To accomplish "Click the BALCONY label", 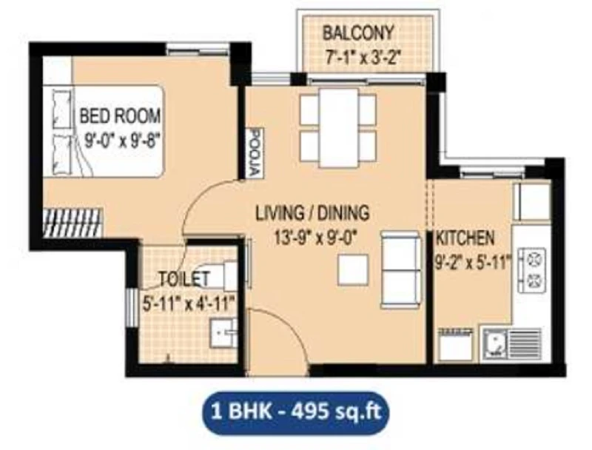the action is (x=358, y=33).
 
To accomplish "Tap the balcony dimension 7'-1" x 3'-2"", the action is (x=362, y=58).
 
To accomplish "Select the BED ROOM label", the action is (x=120, y=115).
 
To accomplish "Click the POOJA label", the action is (x=256, y=153).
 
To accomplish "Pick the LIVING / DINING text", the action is (x=312, y=212).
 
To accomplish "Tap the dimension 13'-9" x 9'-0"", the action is (x=316, y=238).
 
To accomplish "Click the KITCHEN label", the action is (x=465, y=238).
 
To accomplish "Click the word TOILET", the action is (x=184, y=279).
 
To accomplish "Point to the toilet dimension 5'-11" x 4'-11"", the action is (x=189, y=303).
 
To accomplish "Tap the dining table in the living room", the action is (x=338, y=127).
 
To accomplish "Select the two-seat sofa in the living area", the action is (x=400, y=269).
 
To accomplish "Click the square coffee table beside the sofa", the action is (x=353, y=269).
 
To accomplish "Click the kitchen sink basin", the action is (x=495, y=343).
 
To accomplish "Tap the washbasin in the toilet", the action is (x=224, y=332).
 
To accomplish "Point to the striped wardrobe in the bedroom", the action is (x=73, y=223).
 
